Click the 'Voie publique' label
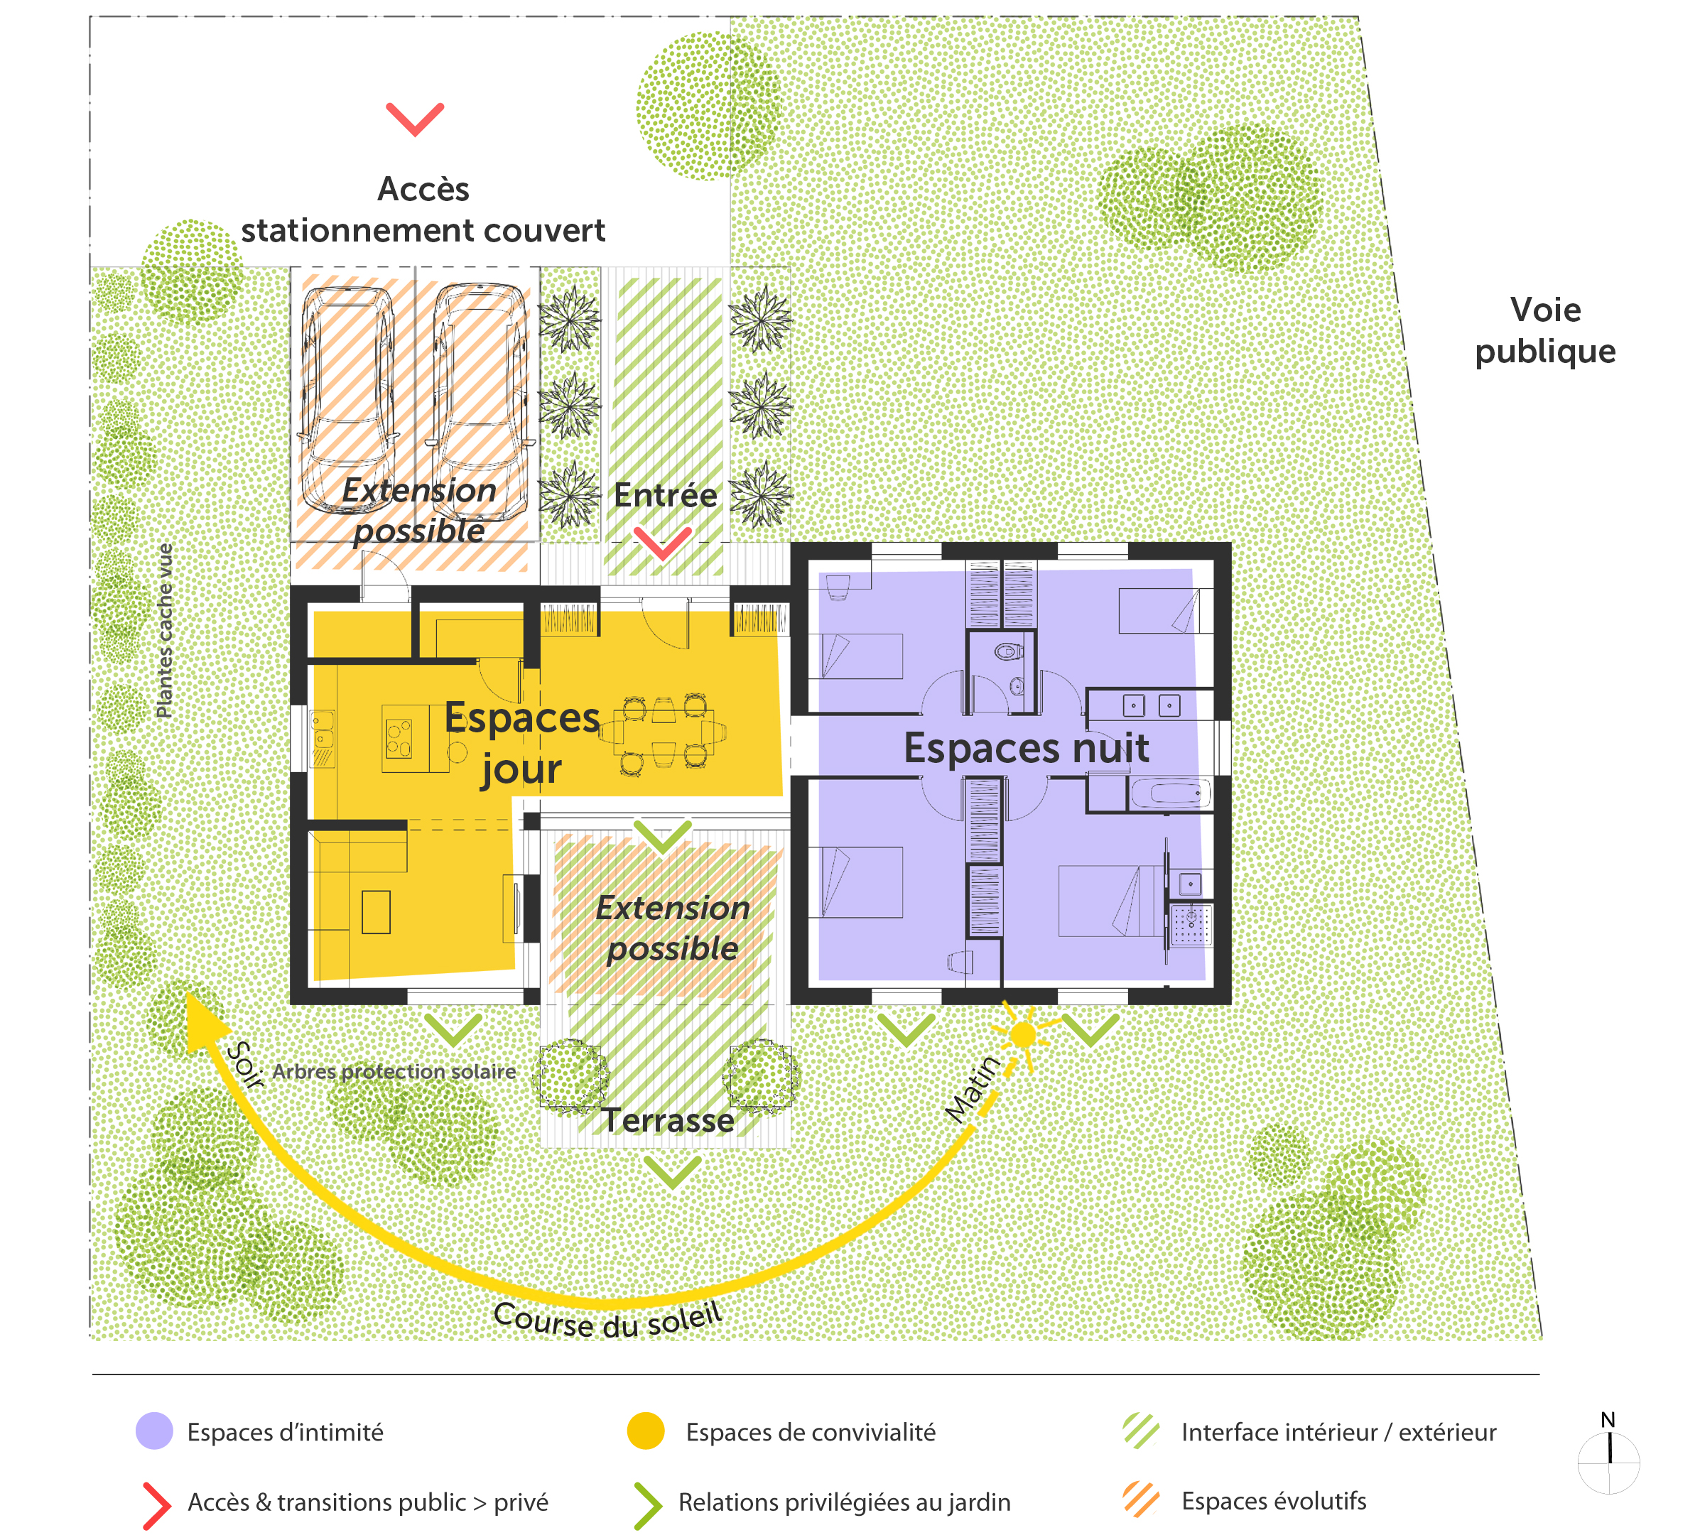coord(1545,330)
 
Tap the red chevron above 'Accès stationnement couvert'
coord(415,119)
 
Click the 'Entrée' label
coord(666,495)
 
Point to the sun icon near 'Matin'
coord(1023,1034)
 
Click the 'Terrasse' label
coord(668,1121)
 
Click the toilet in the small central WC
coord(1007,651)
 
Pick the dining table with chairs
coord(664,730)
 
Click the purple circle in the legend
coord(154,1431)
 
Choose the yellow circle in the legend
coord(646,1431)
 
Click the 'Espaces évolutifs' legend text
coord(1273,1500)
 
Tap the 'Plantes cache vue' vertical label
coord(164,630)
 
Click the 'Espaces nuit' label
coord(1027,748)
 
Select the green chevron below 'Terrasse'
coord(672,1171)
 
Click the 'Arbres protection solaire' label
coord(394,1071)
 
